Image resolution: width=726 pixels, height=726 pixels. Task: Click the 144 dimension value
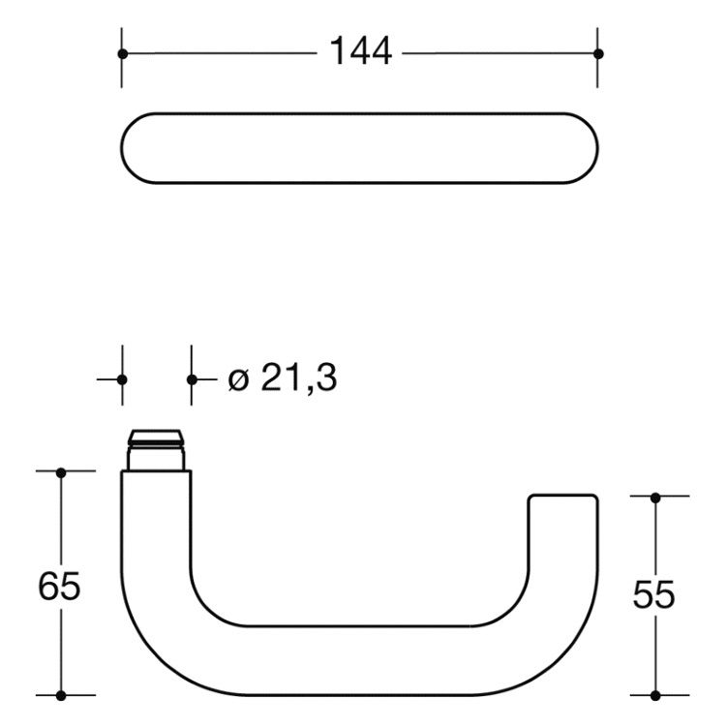(x=361, y=51)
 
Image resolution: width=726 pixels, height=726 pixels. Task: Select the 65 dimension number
(x=59, y=587)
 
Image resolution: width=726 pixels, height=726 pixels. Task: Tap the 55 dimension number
(x=653, y=594)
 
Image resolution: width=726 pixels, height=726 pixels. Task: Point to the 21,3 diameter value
(x=299, y=378)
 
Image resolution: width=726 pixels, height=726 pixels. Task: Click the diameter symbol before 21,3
(x=239, y=380)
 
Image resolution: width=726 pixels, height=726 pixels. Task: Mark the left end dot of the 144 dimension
(x=123, y=54)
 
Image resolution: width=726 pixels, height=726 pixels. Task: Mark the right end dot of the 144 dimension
(x=598, y=54)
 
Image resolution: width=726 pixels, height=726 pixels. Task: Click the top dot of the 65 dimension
(x=61, y=473)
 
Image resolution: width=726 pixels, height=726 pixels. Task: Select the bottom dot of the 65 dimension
(x=61, y=695)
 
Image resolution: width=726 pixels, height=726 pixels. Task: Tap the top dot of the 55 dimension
(x=655, y=499)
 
